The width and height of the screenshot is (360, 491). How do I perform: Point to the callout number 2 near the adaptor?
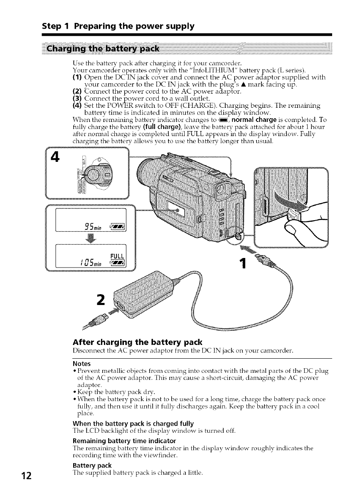tap(100, 300)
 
